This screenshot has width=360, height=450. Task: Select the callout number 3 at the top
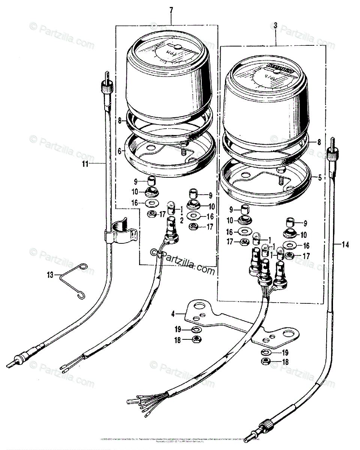point(276,25)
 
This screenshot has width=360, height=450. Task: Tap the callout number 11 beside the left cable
point(86,163)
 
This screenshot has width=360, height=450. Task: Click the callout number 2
point(181,220)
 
